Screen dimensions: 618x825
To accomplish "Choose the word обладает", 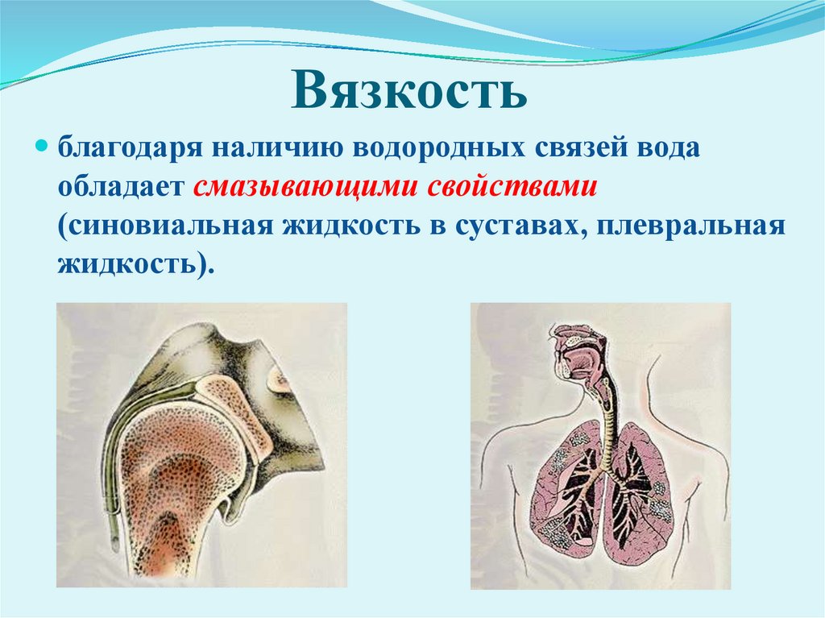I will [x=120, y=187].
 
